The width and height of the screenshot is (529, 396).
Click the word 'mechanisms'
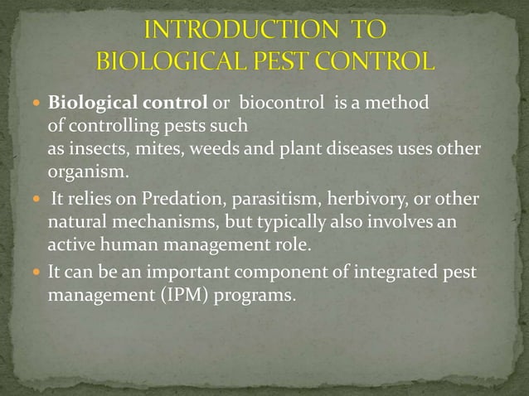[x=155, y=225]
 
